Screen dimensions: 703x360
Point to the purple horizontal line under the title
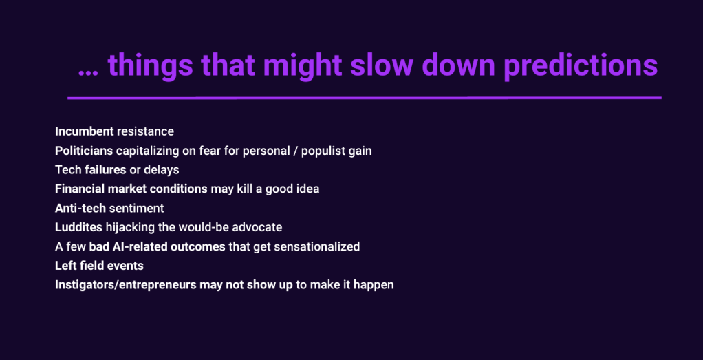click(365, 98)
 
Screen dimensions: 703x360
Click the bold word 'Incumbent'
click(85, 131)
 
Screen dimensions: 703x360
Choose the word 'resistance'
click(145, 131)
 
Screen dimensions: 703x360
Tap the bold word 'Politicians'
click(85, 151)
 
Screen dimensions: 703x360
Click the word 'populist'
click(321, 151)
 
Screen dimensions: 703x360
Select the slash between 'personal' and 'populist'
click(294, 151)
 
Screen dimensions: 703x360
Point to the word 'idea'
click(308, 189)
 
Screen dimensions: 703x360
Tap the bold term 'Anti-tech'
click(80, 209)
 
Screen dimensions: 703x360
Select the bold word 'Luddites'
click(79, 227)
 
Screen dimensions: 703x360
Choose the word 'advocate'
click(259, 227)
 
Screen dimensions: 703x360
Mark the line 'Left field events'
click(100, 265)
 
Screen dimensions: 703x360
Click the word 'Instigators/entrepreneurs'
click(125, 285)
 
